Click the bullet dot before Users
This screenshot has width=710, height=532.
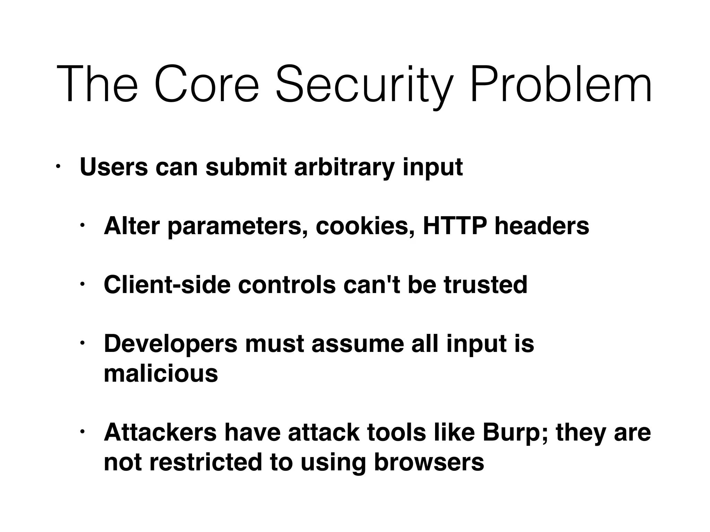point(58,167)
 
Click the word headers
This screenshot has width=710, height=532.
point(542,226)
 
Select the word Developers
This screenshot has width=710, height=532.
point(171,344)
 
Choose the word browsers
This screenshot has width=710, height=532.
point(429,462)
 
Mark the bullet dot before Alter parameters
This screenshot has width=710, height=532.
point(83,226)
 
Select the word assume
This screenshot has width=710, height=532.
point(357,344)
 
